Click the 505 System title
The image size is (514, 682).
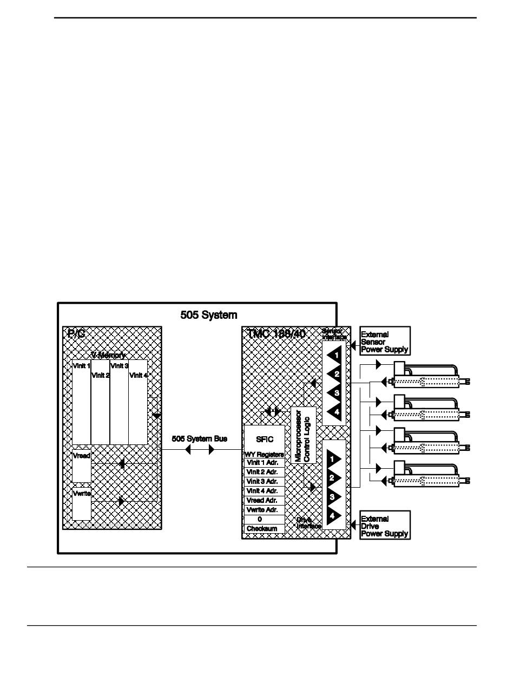(x=208, y=314)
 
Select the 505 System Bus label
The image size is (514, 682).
(x=199, y=438)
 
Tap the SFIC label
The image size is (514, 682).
(x=264, y=440)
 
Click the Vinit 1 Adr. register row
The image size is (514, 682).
(x=264, y=463)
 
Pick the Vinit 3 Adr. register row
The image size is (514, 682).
(x=264, y=481)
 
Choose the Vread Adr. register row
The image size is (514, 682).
(x=264, y=500)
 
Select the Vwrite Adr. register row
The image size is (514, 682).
(x=264, y=509)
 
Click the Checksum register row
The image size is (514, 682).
(x=264, y=528)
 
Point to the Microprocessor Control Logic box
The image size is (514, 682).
(x=303, y=435)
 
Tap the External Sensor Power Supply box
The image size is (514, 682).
(x=385, y=342)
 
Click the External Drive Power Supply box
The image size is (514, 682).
(x=385, y=526)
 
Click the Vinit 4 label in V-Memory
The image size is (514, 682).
(x=138, y=375)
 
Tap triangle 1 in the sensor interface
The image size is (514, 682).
(x=335, y=356)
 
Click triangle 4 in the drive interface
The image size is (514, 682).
(x=335, y=515)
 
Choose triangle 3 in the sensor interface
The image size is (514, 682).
(x=335, y=392)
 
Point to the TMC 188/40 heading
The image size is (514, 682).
(x=275, y=333)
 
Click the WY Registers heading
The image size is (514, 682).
(x=264, y=454)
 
